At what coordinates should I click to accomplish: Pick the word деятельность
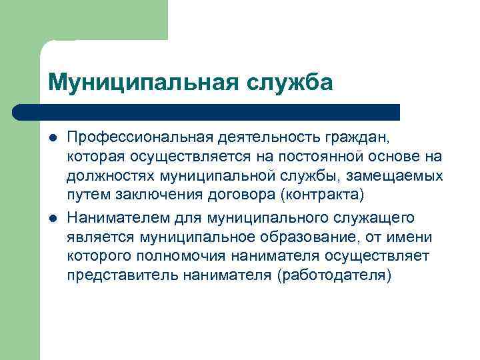tap(265, 138)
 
